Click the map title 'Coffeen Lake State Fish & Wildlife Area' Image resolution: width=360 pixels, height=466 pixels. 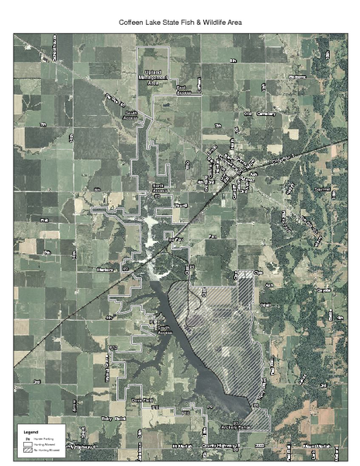(180, 23)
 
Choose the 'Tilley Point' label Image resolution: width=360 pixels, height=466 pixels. (114, 418)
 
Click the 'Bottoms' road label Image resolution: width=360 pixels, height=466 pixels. (298, 77)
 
